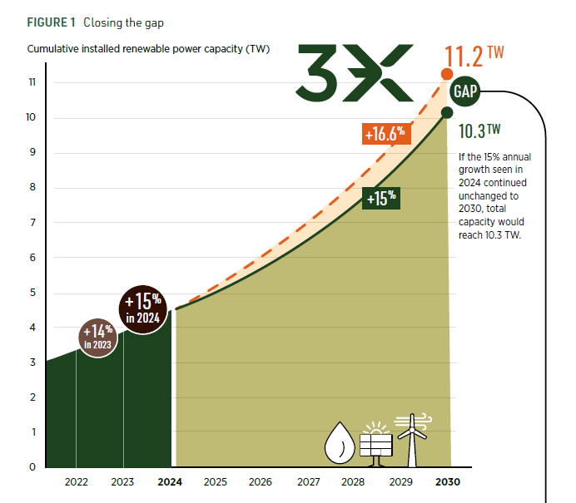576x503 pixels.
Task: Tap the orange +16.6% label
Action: (x=385, y=133)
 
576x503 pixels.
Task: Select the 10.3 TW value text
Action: (x=479, y=131)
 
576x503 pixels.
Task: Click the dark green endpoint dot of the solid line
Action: (x=447, y=112)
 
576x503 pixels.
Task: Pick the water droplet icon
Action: (x=339, y=443)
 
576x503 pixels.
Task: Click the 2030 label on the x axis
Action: (x=446, y=482)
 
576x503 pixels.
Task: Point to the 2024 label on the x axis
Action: (x=170, y=482)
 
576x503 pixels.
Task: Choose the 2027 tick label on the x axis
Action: (x=308, y=482)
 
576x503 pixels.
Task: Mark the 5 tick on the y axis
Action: (x=32, y=293)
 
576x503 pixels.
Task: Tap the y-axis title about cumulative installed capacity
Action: (x=148, y=49)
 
